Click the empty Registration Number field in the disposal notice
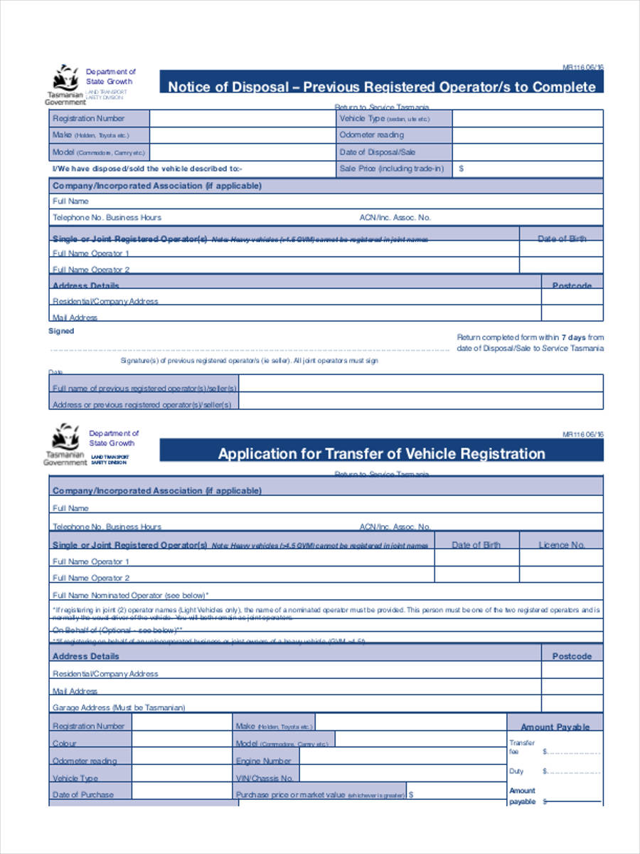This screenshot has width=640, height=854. click(242, 118)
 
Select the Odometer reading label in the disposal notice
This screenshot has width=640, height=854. click(371, 135)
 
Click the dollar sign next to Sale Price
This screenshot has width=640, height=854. click(462, 169)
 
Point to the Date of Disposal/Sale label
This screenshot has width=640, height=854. click(377, 152)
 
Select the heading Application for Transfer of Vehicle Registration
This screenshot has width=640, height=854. click(381, 454)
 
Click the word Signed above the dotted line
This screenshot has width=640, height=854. click(60, 331)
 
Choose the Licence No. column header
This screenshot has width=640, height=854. click(561, 545)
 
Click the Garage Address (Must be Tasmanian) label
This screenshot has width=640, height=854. click(119, 708)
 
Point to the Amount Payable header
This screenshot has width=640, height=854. click(555, 727)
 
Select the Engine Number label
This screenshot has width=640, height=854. click(264, 761)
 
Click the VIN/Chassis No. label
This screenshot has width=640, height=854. click(265, 779)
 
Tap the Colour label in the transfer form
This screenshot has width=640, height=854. click(64, 743)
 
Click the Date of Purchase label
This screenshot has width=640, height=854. click(82, 795)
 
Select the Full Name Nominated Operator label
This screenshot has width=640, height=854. click(131, 595)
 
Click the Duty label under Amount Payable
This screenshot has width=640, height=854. click(516, 771)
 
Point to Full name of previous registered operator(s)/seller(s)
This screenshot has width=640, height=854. click(144, 389)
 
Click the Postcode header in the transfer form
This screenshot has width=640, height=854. click(571, 656)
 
